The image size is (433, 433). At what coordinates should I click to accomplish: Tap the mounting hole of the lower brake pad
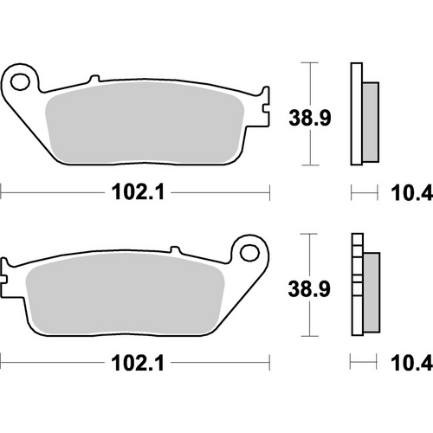[x=252, y=254]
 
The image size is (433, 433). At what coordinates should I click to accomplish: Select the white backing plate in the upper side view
[x=358, y=113]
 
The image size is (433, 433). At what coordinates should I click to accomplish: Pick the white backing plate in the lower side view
[x=358, y=287]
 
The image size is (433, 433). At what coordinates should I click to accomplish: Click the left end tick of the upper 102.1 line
[x=2, y=192]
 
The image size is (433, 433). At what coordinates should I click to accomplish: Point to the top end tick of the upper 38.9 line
[x=307, y=63]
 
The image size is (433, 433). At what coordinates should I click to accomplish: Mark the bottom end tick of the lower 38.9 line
[x=307, y=337]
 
